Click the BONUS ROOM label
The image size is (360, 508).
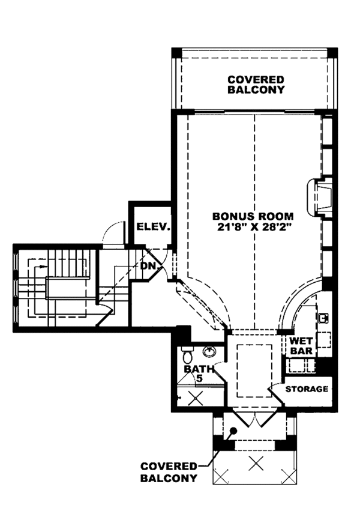pos(253,216)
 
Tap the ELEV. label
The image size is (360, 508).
pos(154,227)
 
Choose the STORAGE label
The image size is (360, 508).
pos(307,389)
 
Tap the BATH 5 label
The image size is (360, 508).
pos(196,373)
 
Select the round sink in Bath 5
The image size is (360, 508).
pos(209,351)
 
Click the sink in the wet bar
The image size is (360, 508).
pos(322,316)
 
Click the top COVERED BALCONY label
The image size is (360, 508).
pos(256,84)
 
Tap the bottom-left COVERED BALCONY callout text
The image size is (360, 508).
pos(169,472)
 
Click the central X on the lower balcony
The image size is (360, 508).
pos(256,462)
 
